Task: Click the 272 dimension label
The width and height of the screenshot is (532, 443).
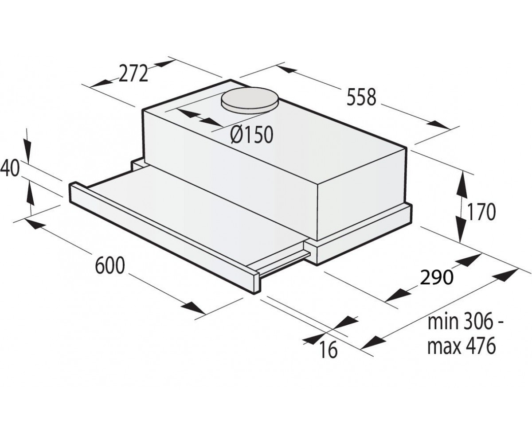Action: coord(133,74)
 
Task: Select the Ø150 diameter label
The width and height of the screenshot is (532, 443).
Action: coord(251,135)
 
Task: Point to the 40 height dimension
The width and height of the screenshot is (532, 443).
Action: coord(10,168)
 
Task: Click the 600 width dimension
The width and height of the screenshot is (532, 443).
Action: coord(110,266)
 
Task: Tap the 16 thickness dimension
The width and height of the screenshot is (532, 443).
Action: coord(328,350)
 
